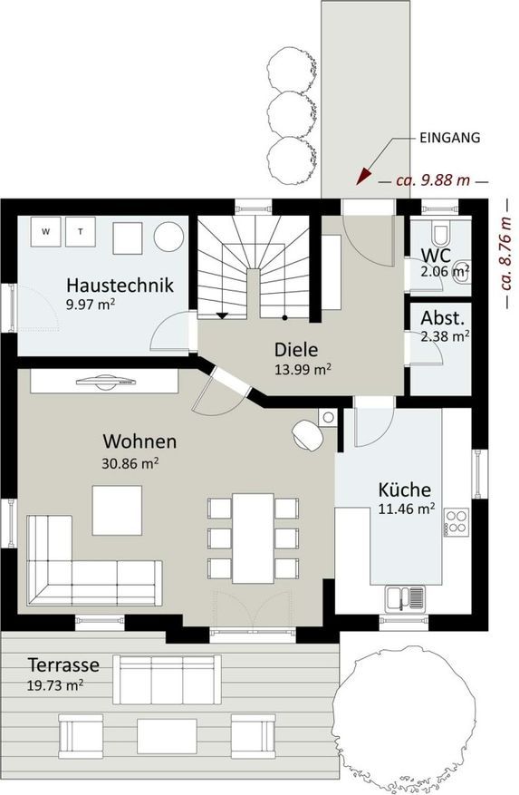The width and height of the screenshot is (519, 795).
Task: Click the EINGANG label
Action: coord(449,138)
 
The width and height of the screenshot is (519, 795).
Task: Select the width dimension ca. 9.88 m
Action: coord(433,180)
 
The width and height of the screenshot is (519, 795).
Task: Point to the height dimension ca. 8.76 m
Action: coord(505,252)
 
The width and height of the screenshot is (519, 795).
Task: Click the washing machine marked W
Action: coord(46,232)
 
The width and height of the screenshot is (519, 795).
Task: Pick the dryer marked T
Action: coord(81,232)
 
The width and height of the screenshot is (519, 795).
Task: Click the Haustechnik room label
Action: coord(120,285)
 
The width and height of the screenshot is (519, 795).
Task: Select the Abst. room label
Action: coord(443,318)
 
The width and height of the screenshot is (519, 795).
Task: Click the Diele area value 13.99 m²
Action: coord(303,369)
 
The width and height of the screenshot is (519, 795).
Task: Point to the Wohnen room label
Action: coord(139,441)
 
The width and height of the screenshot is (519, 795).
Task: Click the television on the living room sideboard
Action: coord(107,382)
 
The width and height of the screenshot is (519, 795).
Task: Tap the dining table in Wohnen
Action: coord(253,538)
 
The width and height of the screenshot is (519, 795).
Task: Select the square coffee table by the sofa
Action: coord(117,510)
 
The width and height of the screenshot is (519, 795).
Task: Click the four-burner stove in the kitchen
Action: coord(456,522)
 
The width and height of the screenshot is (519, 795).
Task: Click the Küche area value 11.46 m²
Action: coord(407,509)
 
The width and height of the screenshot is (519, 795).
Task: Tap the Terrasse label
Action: coord(63,664)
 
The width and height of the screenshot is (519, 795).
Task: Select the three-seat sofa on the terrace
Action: coord(167,679)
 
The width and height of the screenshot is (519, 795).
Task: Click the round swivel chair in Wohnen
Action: coord(308,434)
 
